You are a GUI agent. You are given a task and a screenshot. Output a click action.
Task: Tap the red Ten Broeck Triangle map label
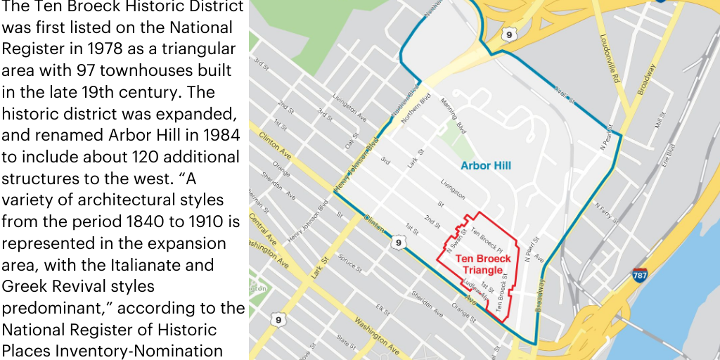pyautogui.click(x=483, y=264)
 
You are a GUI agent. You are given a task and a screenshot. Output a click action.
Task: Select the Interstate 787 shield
pyautogui.click(x=639, y=275)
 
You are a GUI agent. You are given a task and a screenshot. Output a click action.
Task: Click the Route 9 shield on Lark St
pyautogui.click(x=278, y=321)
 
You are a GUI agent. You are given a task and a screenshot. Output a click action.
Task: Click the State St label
pyautogui.click(x=346, y=342)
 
